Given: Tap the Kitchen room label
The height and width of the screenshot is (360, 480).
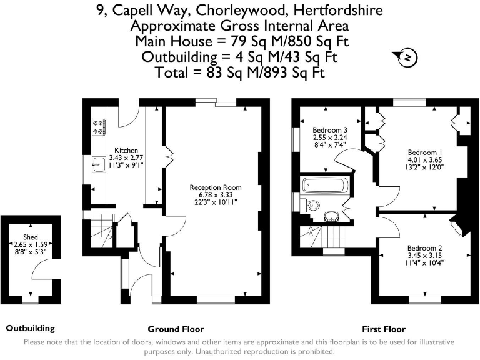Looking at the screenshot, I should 126,150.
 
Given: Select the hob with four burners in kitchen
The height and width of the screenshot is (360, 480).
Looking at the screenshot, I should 99,127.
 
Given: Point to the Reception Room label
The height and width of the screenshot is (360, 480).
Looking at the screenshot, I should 216,187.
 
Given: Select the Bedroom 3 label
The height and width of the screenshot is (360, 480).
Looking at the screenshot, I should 330,130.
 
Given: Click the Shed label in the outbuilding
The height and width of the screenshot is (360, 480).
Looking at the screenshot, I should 31,237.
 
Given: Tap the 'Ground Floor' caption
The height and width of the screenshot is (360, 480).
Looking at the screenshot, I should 176,329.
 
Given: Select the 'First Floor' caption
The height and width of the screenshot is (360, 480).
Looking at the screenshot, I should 384,329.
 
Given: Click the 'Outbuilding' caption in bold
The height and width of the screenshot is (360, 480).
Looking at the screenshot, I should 31,328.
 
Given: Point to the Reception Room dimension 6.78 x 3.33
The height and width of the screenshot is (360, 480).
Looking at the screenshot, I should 216,194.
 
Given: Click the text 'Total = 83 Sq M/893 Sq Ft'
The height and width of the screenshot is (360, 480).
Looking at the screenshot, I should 239,72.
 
